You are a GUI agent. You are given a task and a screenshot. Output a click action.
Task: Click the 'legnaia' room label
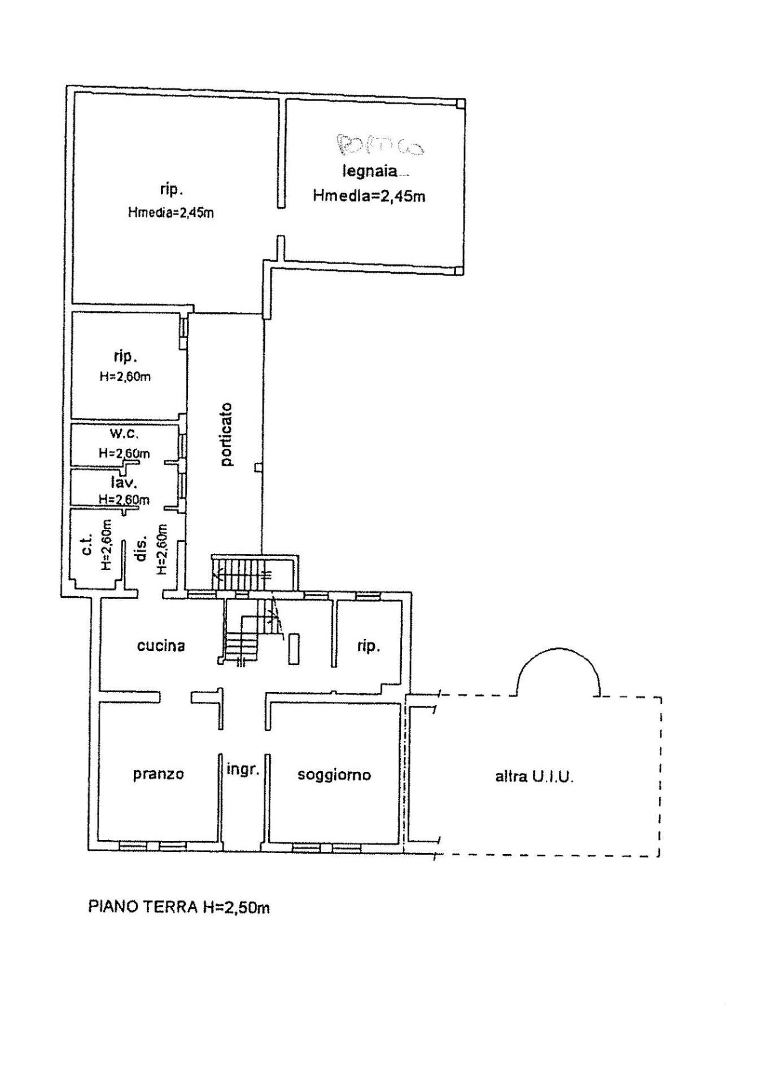coord(370,171)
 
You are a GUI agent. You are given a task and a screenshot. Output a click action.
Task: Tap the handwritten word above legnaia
coord(380,145)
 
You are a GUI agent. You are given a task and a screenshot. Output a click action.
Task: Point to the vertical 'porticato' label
coord(227,434)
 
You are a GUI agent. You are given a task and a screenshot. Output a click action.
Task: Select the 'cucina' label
coord(161,645)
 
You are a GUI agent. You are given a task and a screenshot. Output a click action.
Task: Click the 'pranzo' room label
coord(159,773)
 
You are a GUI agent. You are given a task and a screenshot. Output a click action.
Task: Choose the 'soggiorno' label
coord(334,775)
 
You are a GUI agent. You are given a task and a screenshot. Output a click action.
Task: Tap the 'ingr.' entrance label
coord(243,769)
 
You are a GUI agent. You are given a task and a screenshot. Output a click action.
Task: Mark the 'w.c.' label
coord(124,434)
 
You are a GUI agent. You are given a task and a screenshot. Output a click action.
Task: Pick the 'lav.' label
coord(125,483)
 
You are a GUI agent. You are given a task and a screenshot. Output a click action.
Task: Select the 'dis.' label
coord(142,548)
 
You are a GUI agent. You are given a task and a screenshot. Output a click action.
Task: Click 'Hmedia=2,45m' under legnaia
coord(369,196)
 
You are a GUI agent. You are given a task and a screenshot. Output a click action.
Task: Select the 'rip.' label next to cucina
coord(368,646)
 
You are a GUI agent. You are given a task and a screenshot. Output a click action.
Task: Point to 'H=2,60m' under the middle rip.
coord(125,377)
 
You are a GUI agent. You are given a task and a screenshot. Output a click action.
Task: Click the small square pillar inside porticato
coord(258,467)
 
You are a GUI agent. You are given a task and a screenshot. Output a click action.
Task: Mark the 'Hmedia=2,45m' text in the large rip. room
coord(171,213)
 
